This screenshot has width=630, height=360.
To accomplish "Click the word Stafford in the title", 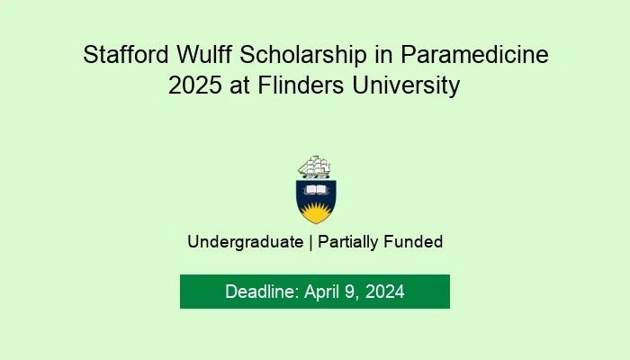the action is (126, 54).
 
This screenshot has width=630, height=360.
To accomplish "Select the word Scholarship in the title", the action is (303, 54).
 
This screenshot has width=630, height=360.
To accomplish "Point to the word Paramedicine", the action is (474, 54).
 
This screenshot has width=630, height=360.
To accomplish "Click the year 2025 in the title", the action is (195, 85).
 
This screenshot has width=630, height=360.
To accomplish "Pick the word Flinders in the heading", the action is (301, 85).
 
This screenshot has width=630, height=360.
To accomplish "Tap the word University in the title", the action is (406, 85).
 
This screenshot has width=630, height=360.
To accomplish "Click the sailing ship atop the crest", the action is (315, 166).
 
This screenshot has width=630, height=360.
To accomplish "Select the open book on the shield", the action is (316, 190).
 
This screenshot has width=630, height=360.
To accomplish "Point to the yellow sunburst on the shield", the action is (316, 212).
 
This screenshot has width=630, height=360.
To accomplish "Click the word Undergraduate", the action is (245, 242).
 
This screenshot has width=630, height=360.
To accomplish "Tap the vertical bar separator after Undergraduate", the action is (310, 242).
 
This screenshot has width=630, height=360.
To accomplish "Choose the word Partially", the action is (348, 242).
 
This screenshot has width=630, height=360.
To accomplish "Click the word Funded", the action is (413, 242).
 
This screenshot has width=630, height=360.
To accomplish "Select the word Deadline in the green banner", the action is (262, 292).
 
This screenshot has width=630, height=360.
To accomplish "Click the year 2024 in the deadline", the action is (384, 292).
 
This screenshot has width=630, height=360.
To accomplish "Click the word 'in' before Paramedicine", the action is (383, 54).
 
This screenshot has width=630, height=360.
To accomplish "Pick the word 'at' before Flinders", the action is (239, 85).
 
